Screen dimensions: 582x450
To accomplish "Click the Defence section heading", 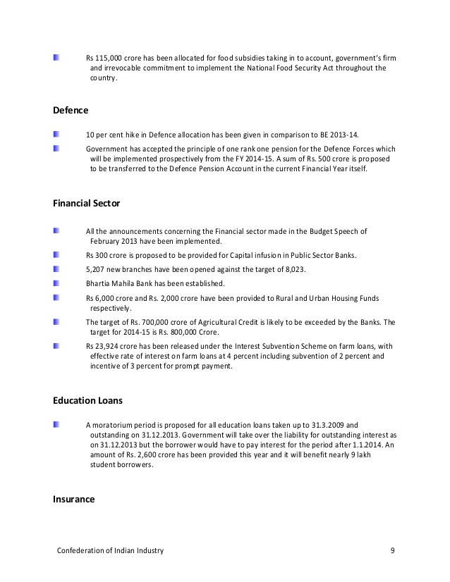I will coord(71,110).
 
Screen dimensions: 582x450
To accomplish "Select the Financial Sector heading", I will coord(87,204).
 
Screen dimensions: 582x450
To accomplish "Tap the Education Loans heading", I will coord(88,400).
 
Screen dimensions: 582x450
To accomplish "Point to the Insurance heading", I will coord(74,500).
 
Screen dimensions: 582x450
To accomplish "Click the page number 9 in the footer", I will coord(392,550).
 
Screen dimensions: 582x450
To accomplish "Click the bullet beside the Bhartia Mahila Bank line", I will coord(56,283).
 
